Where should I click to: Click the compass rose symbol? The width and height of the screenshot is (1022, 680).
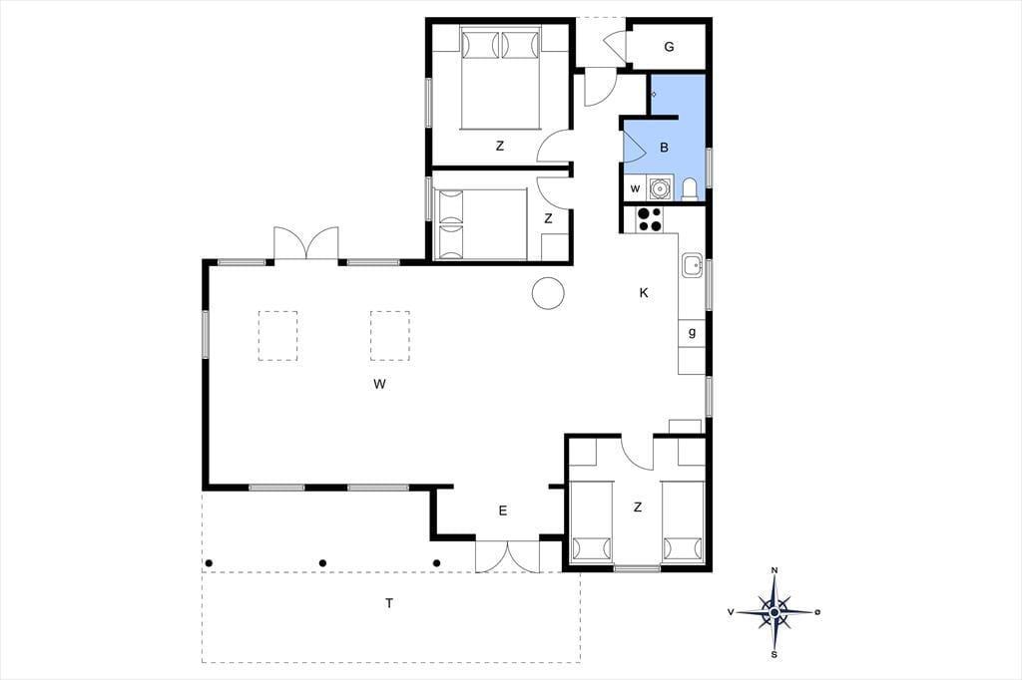click(774, 612)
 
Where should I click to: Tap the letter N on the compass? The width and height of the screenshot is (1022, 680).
click(774, 570)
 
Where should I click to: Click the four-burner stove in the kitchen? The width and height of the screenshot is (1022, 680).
click(649, 219)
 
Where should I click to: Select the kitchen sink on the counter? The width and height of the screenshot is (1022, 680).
click(693, 265)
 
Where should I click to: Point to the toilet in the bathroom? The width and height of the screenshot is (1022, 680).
click(690, 188)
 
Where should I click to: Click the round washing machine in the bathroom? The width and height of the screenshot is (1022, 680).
click(660, 188)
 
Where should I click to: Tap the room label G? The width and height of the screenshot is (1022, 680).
click(669, 47)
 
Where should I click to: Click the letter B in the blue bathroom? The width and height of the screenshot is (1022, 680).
click(664, 148)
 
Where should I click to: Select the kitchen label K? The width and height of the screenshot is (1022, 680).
click(644, 293)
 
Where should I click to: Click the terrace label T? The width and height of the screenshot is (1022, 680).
click(389, 603)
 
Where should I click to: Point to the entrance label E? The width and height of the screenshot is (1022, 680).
click(503, 510)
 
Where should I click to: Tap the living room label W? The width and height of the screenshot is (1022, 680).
click(380, 384)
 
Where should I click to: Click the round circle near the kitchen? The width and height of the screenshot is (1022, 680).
click(548, 293)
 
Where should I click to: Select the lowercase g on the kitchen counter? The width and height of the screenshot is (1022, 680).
click(693, 332)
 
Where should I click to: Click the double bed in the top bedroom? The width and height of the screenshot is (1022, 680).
click(501, 78)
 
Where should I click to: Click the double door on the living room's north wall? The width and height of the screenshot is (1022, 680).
click(306, 243)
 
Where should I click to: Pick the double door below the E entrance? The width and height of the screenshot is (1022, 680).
click(508, 556)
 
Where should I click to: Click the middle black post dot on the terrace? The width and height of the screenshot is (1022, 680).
click(322, 563)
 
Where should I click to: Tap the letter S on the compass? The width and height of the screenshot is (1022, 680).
click(774, 655)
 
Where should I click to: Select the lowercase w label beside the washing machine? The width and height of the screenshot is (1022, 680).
click(636, 188)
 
